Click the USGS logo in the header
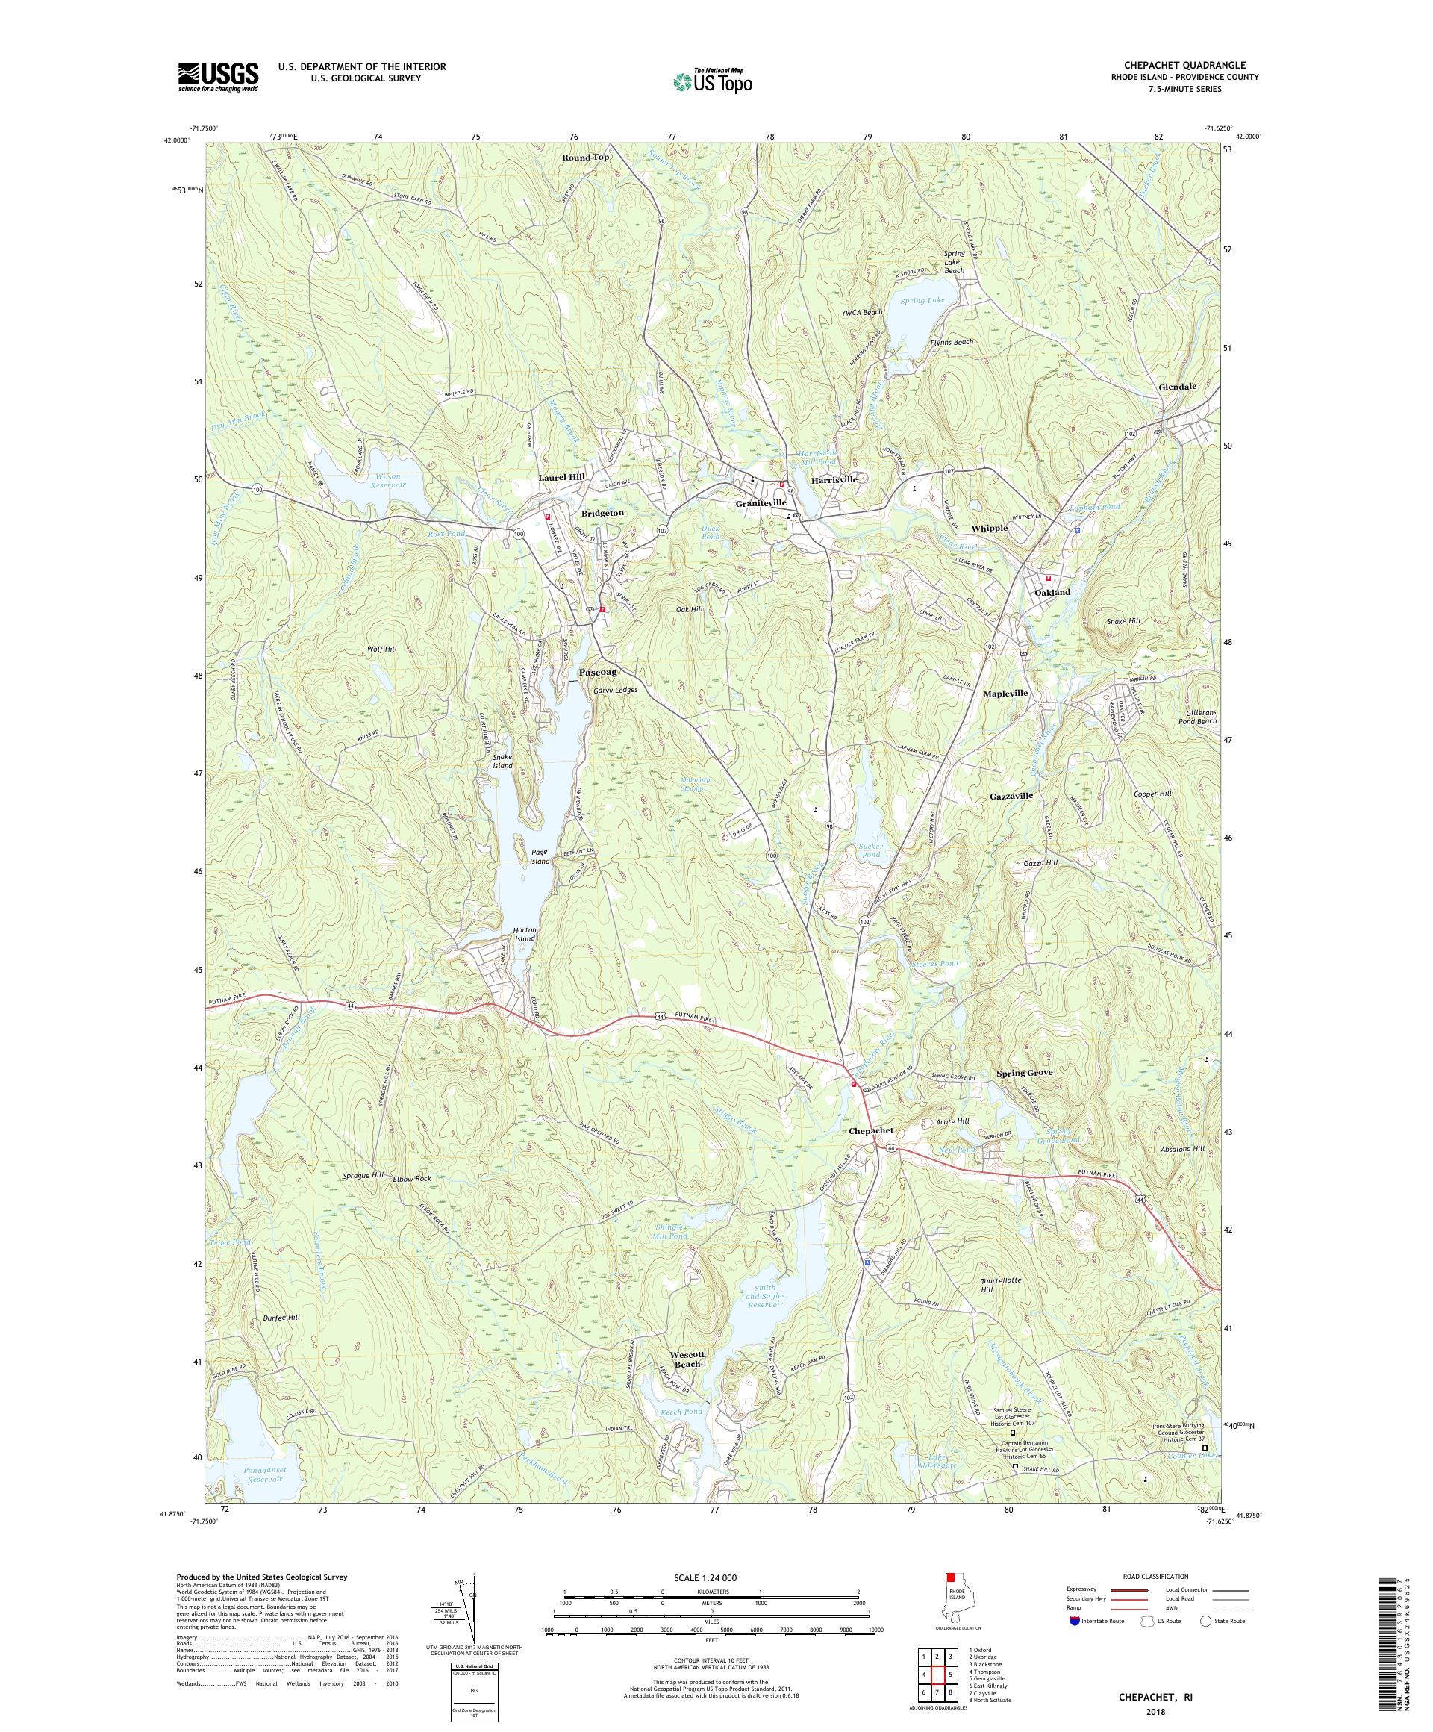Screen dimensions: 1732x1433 [x=218, y=77]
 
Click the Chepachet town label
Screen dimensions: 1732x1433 [x=872, y=1131]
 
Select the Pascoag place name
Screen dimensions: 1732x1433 [x=598, y=672]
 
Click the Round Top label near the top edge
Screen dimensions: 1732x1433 [x=585, y=157]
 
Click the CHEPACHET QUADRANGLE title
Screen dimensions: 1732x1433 [x=1184, y=65]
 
